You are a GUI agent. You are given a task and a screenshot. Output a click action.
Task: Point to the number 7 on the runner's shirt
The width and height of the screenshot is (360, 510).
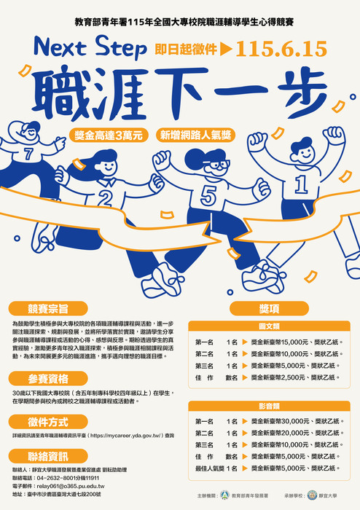click(28, 154)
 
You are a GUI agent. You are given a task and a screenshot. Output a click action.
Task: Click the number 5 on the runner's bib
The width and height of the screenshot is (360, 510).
click(209, 195)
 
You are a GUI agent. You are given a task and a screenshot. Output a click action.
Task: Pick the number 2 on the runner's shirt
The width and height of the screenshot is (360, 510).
click(106, 197)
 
